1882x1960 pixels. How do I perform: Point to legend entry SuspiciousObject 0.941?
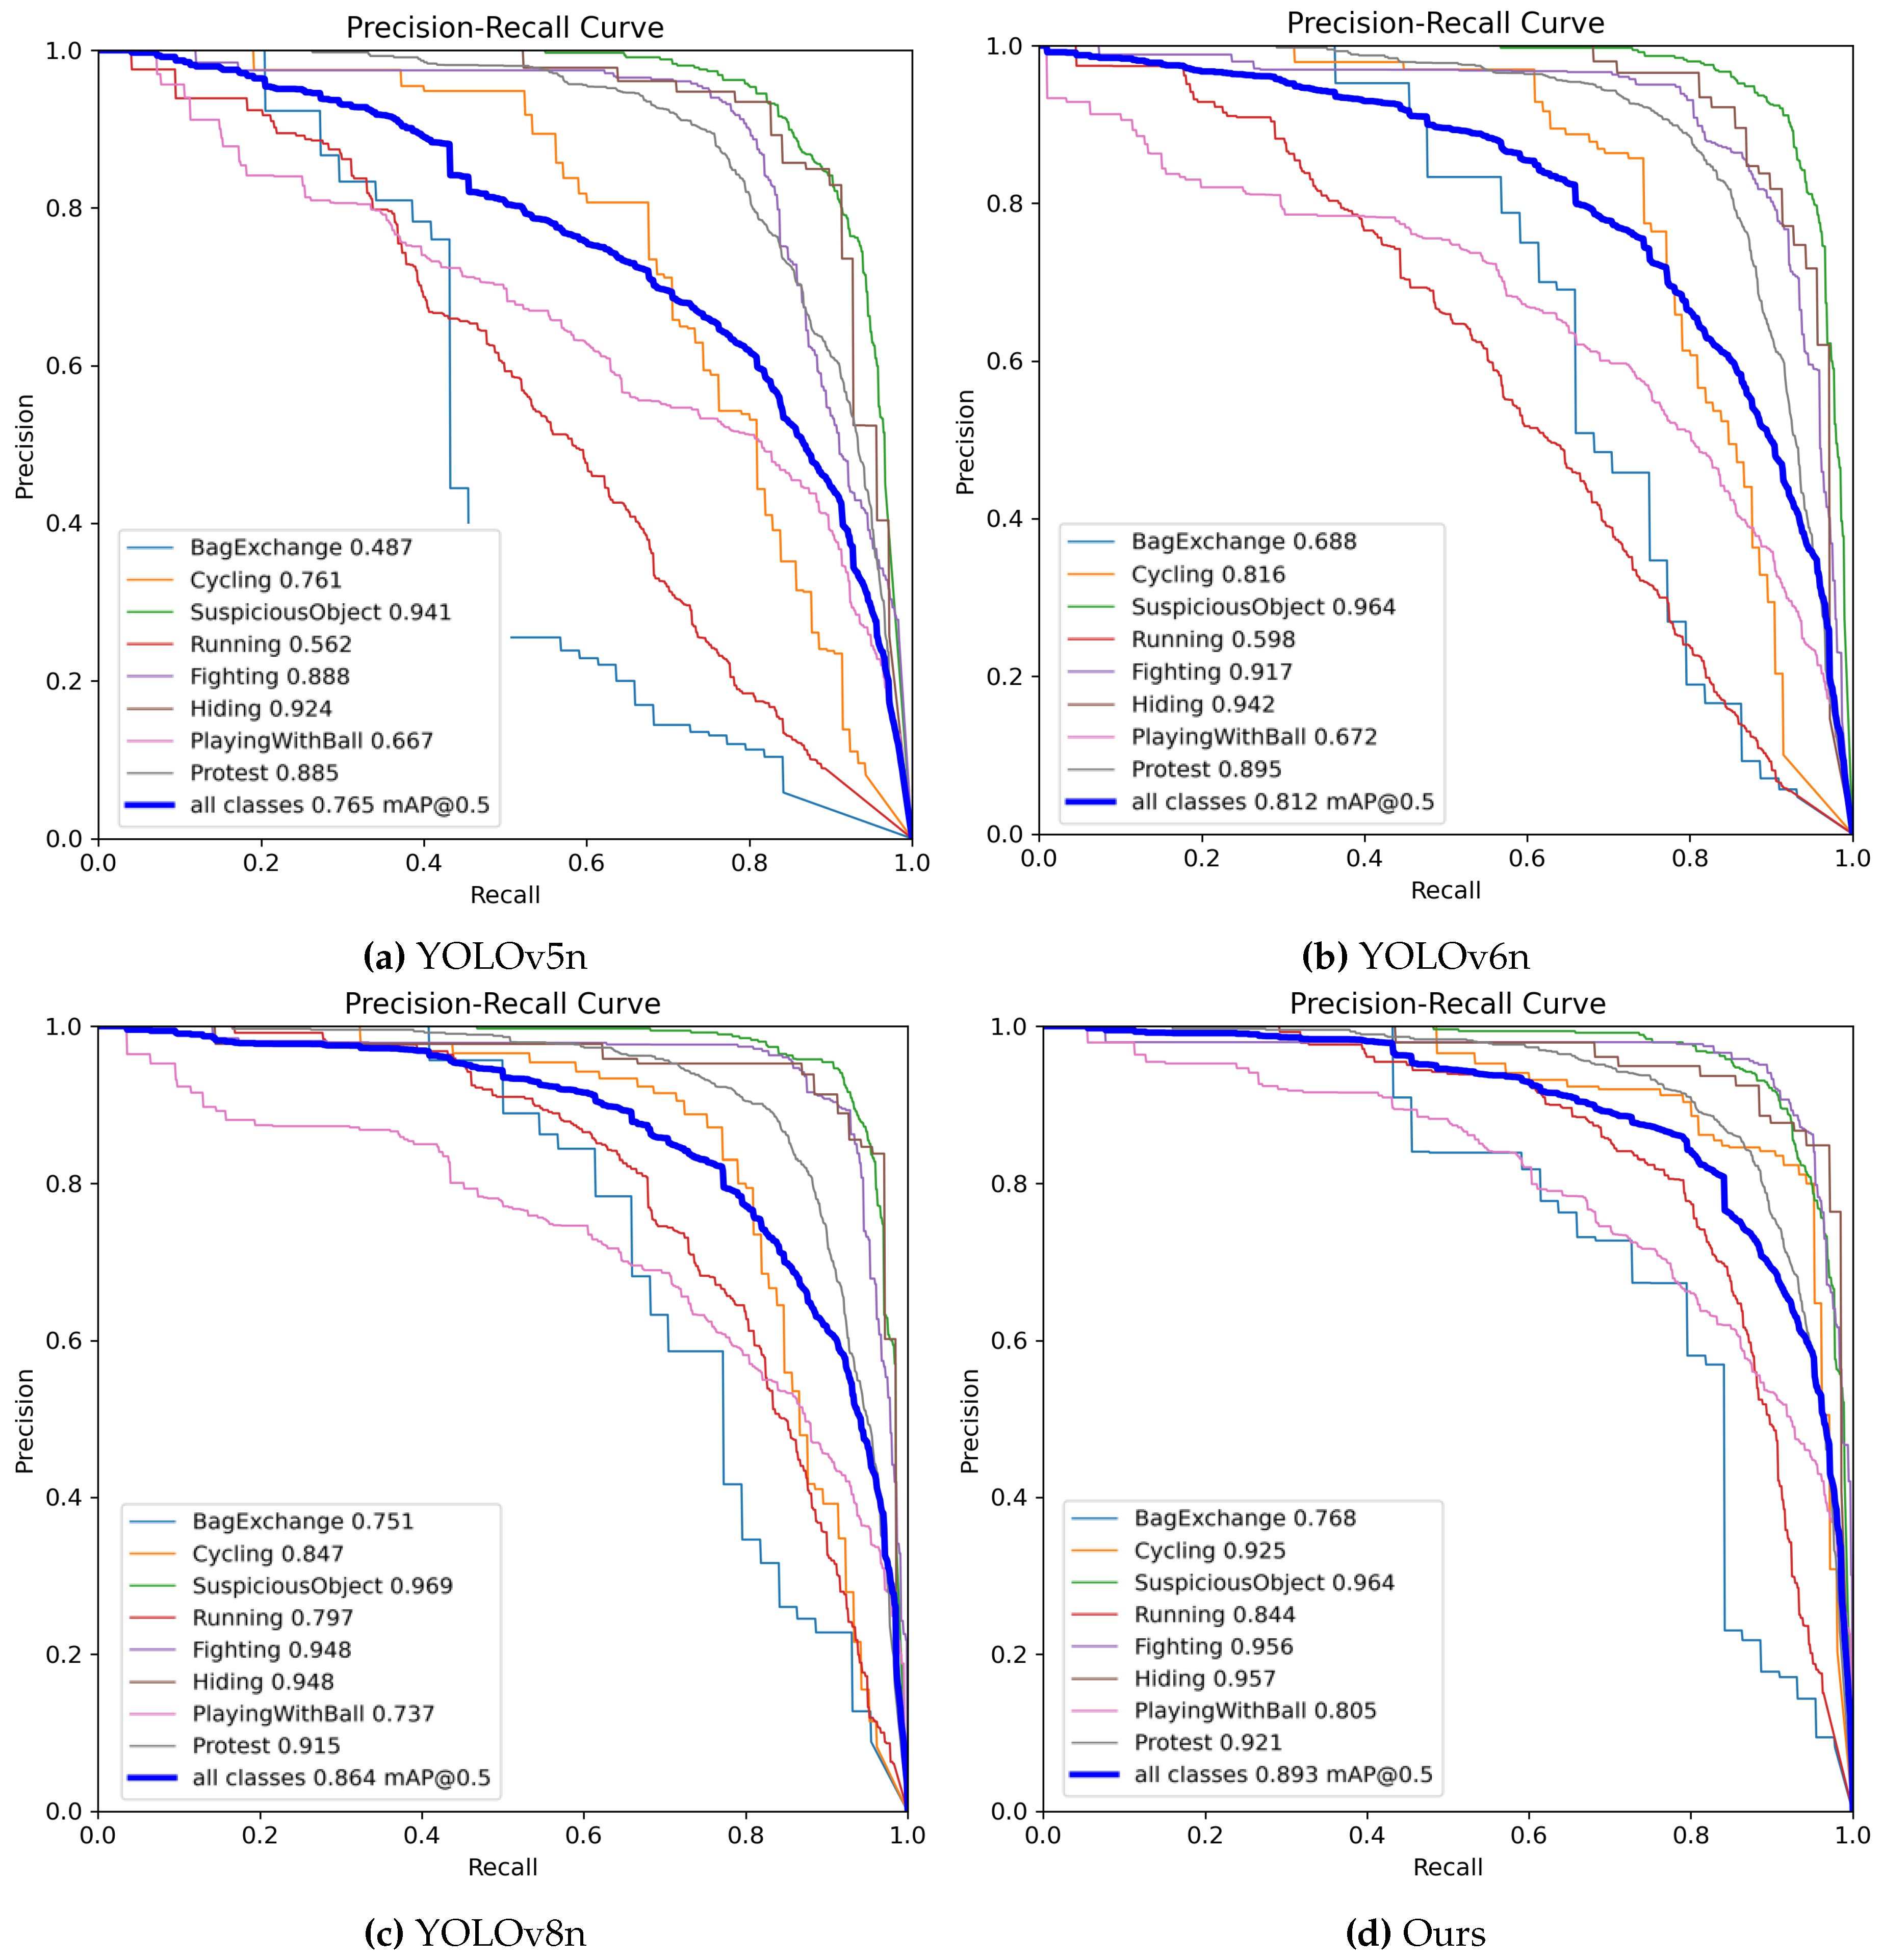pos(320,612)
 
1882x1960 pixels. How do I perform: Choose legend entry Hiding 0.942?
pos(1202,704)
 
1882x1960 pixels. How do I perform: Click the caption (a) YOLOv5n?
pos(475,957)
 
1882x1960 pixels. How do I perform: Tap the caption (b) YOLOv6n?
pos(1415,957)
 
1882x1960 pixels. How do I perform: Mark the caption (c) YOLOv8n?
pos(475,1933)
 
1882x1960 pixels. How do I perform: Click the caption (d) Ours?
pos(1415,1933)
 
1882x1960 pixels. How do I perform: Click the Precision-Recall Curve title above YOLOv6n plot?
pos(1445,23)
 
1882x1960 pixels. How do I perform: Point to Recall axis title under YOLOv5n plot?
pos(505,895)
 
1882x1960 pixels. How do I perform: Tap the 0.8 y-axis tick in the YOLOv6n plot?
pos(1005,204)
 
